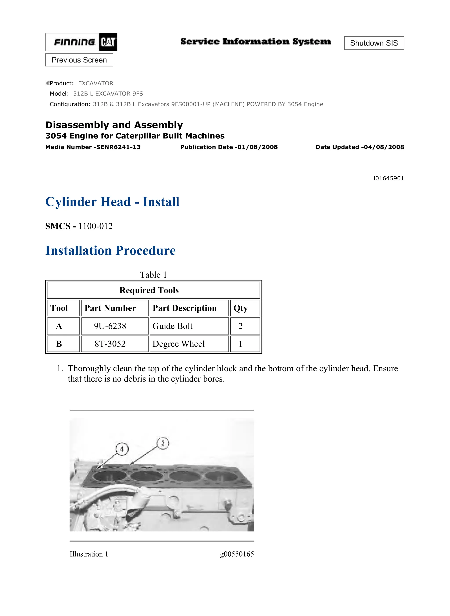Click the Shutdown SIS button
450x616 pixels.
(374, 43)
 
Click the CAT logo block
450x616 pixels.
(108, 42)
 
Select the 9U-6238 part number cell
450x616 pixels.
(110, 326)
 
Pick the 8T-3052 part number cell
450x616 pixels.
(110, 344)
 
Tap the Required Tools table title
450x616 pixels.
(149, 290)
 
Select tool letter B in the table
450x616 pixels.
(59, 344)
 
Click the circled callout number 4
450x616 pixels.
(122, 449)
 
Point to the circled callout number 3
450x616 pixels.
(163, 443)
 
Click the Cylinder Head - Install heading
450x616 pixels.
(112, 202)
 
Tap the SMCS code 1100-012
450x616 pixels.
(95, 226)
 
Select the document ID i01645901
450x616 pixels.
(388, 178)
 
